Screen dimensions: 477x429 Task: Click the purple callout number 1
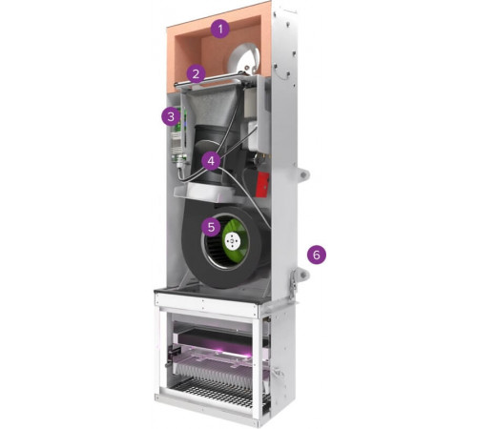pyautogui.click(x=220, y=30)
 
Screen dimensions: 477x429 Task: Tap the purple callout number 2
pyautogui.click(x=196, y=73)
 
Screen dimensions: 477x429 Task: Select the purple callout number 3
pyautogui.click(x=171, y=116)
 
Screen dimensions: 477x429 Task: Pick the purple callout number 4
pyautogui.click(x=211, y=161)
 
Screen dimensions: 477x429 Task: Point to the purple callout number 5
pyautogui.click(x=211, y=227)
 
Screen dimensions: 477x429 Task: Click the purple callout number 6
pyautogui.click(x=317, y=255)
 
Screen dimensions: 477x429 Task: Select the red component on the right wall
pyautogui.click(x=262, y=184)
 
